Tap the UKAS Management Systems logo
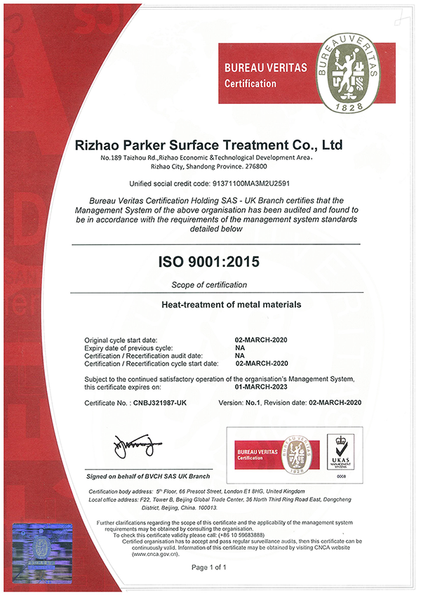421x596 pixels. point(340,451)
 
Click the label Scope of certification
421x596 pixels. point(209,284)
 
